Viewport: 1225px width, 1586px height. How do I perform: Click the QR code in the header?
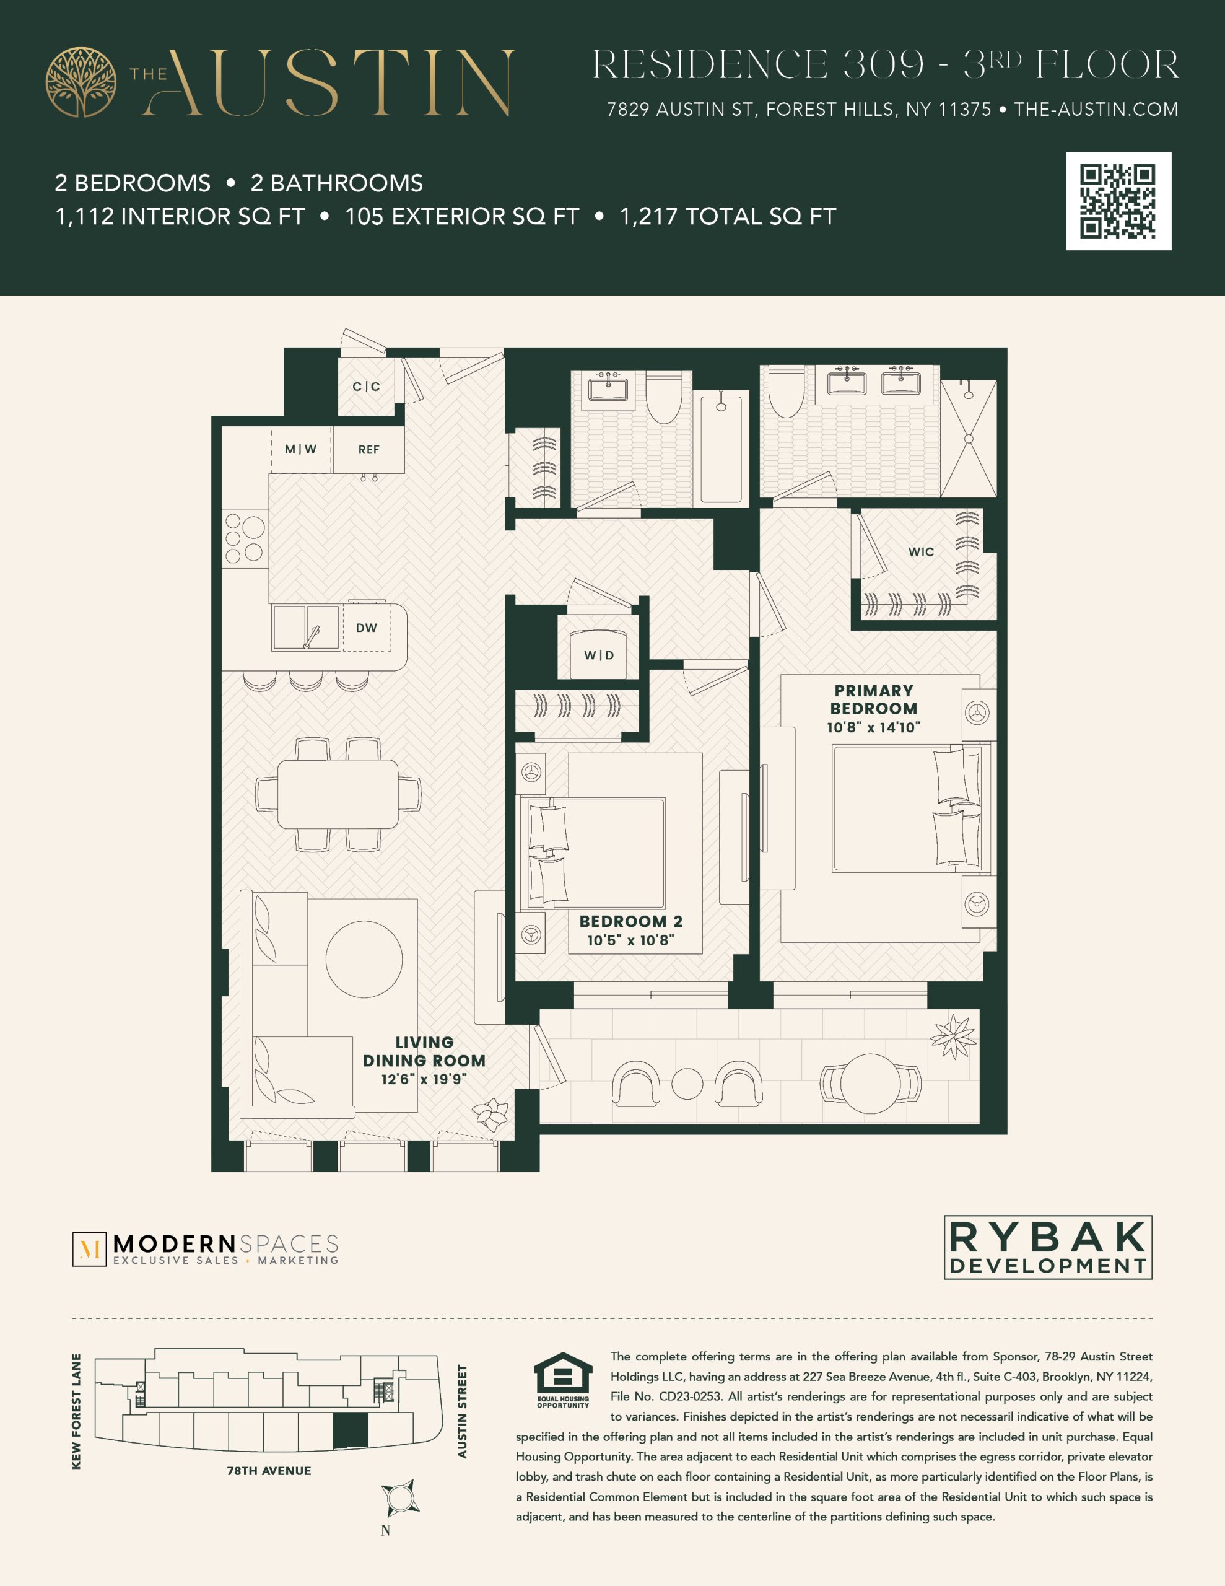pyautogui.click(x=1118, y=201)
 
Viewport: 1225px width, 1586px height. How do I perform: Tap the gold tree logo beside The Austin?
pyautogui.click(x=81, y=82)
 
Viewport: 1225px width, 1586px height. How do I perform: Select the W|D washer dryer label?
pyautogui.click(x=599, y=655)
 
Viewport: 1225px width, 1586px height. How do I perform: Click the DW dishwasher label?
pyautogui.click(x=366, y=628)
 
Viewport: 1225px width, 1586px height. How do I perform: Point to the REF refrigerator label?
pyautogui.click(x=369, y=450)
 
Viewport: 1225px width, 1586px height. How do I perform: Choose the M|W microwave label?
pyautogui.click(x=300, y=449)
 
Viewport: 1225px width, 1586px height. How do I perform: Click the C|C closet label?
pyautogui.click(x=366, y=387)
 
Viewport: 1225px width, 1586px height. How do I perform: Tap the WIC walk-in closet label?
pyautogui.click(x=921, y=552)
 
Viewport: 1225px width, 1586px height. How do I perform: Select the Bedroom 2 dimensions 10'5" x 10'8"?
pyautogui.click(x=630, y=940)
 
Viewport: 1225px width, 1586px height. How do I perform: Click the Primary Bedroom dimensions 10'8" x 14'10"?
pyautogui.click(x=874, y=727)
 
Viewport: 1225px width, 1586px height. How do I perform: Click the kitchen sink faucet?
pyautogui.click(x=312, y=636)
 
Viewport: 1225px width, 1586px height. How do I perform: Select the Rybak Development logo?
pyautogui.click(x=1048, y=1247)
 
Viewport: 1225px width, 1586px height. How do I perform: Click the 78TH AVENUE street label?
pyautogui.click(x=269, y=1471)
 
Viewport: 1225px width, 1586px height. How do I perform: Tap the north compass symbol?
pyautogui.click(x=399, y=1498)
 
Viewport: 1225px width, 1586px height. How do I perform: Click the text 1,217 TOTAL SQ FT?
pyautogui.click(x=728, y=216)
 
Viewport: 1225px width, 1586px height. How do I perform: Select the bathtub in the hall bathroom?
pyautogui.click(x=720, y=448)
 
